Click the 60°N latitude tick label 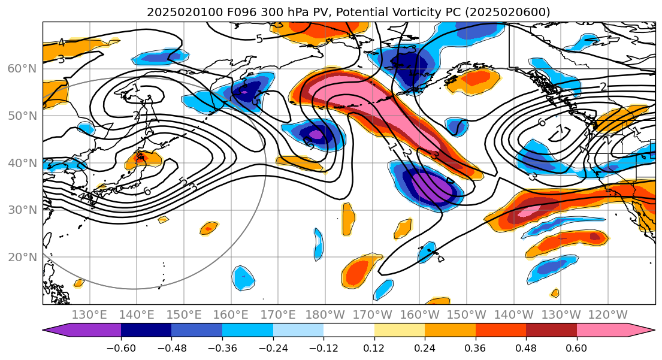pos(22,68)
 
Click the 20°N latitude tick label pos(22,257)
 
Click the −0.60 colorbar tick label pos(121,348)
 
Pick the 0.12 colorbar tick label pos(374,348)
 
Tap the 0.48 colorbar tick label pos(526,348)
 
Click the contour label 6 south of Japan pos(147,191)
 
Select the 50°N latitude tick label pos(22,116)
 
